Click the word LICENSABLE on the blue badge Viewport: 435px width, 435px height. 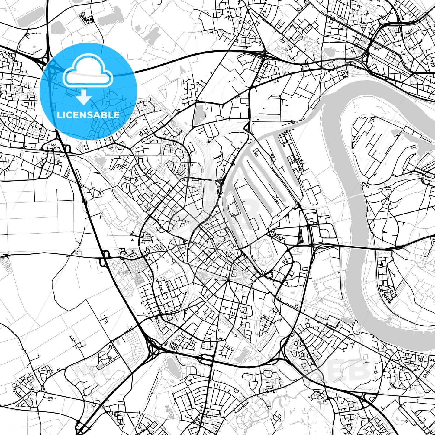(88, 115)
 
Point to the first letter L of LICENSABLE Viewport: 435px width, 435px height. (59, 115)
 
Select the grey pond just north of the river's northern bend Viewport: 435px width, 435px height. (329, 53)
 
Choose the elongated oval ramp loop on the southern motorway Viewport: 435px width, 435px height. (207, 358)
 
